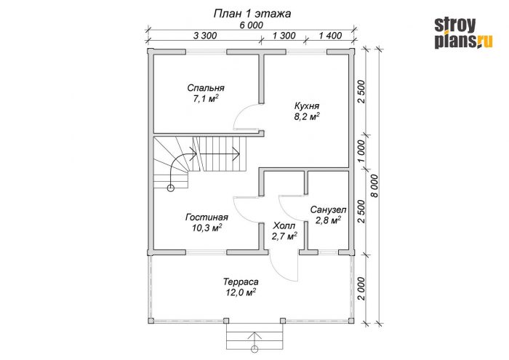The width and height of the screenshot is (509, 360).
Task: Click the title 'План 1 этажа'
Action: (252, 14)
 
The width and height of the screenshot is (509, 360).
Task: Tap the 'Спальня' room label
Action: (206, 88)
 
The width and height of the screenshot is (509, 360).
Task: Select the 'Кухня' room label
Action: (307, 106)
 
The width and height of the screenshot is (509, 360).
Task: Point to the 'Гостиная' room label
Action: (207, 217)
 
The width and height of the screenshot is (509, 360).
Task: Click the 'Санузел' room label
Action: (328, 209)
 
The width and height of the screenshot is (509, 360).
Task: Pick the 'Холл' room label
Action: (284, 225)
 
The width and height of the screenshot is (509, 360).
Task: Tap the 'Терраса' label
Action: (241, 281)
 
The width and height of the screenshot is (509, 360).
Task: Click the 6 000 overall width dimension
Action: (252, 25)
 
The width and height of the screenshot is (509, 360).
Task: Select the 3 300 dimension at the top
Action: (205, 36)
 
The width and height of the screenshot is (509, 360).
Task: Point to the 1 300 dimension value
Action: (284, 36)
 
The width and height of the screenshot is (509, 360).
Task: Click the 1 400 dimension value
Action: (330, 36)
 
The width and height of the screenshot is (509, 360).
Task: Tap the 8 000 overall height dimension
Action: (374, 186)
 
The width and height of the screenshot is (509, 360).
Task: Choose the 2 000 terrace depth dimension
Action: (361, 289)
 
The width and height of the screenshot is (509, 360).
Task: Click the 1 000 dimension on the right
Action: (361, 151)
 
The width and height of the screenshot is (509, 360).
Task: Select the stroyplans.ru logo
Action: (464, 33)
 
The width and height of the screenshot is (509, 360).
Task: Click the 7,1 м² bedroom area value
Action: (206, 98)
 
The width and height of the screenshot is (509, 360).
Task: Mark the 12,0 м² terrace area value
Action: (241, 292)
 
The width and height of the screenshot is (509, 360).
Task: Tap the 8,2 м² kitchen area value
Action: (307, 116)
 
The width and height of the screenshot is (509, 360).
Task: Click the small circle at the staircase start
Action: (170, 188)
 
